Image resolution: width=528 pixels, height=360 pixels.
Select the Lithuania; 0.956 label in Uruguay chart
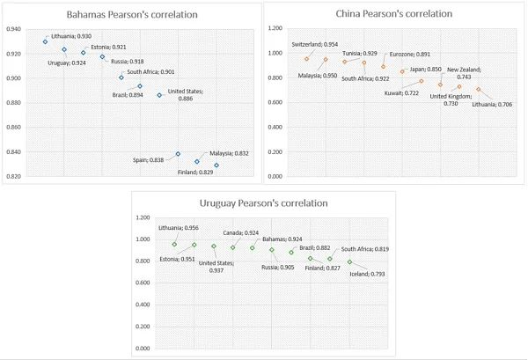point(180,228)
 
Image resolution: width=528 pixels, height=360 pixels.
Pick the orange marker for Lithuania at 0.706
point(479,90)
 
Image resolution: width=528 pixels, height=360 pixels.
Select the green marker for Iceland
point(349,261)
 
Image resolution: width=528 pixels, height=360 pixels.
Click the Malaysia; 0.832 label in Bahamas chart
point(229,153)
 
